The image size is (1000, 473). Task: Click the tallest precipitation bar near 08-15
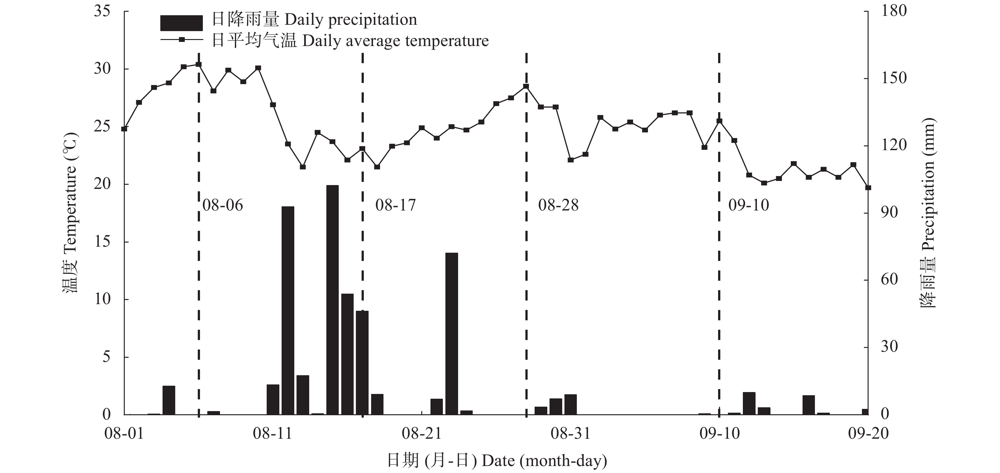(332, 299)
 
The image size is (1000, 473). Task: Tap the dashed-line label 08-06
(223, 205)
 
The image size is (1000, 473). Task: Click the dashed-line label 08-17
(395, 205)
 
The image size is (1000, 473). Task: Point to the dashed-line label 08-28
(558, 205)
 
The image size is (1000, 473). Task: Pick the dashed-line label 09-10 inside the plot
(749, 205)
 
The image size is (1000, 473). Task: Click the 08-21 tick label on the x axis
(422, 433)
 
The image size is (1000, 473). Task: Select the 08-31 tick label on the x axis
(570, 433)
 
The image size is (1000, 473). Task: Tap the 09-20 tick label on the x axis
(868, 433)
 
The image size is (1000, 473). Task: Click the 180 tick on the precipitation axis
(894, 11)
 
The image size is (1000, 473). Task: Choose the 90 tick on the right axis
(889, 213)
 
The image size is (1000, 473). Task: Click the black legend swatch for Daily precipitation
(181, 23)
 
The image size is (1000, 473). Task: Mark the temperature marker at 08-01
(124, 129)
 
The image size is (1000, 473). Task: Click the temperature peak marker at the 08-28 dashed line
(526, 87)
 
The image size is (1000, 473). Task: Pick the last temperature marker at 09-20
(868, 188)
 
